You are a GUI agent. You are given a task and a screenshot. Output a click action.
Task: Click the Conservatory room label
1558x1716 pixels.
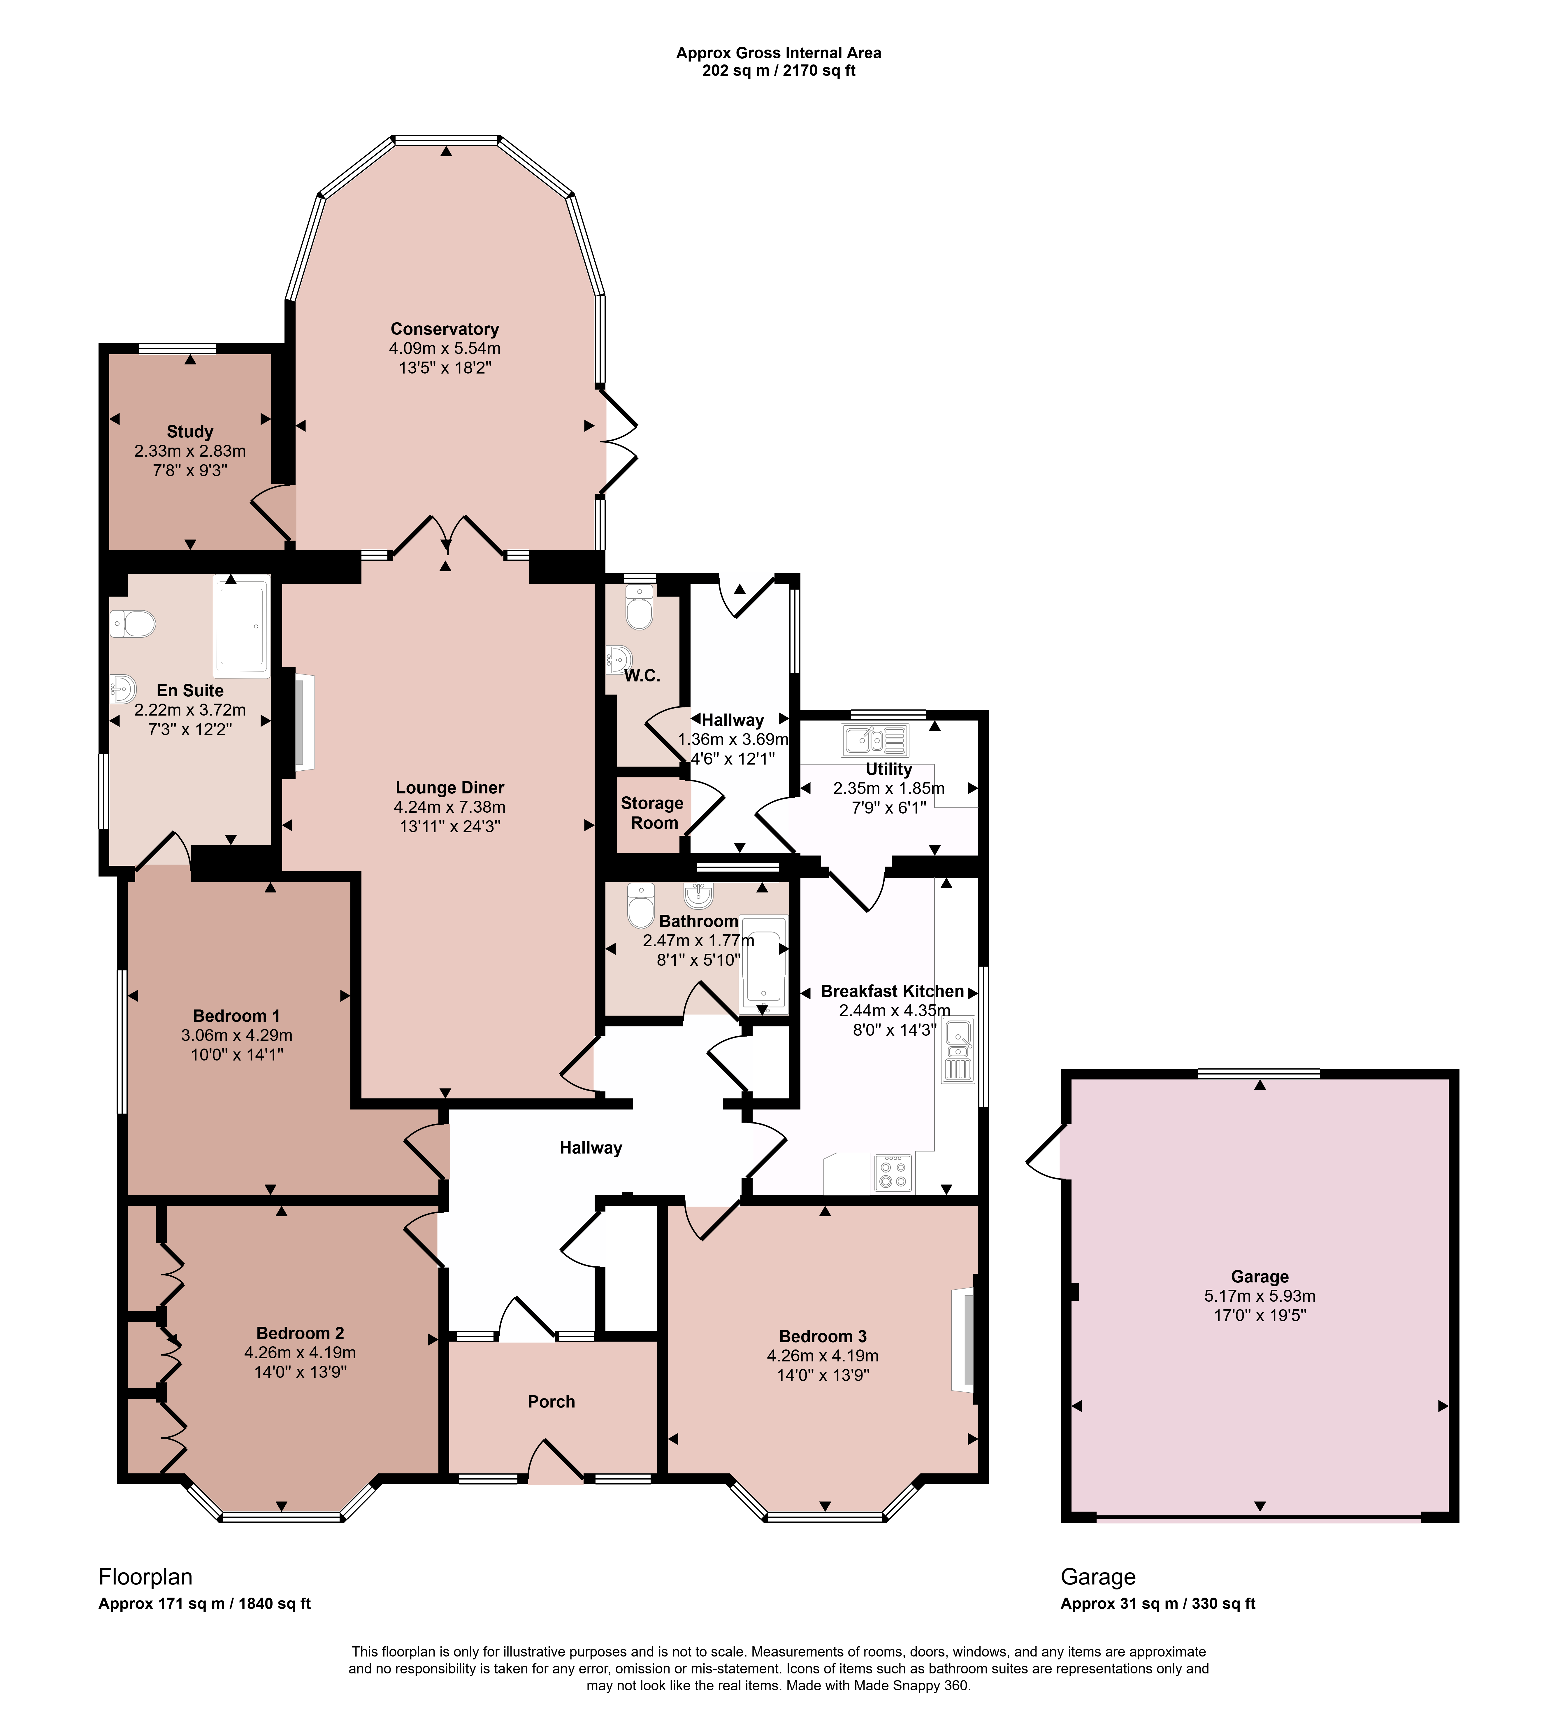444,329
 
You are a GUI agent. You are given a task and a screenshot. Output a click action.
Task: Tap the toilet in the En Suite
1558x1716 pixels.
133,624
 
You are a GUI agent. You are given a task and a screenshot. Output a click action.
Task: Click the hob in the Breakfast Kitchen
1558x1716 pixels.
893,1173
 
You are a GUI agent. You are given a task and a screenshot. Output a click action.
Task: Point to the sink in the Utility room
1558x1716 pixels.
875,740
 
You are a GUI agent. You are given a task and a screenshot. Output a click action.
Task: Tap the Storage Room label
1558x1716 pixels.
653,813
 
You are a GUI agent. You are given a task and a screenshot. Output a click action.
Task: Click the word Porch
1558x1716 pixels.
551,1402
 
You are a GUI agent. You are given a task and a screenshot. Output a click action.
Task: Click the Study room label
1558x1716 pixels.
190,432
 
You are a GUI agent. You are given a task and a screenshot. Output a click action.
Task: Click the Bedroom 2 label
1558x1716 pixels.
300,1333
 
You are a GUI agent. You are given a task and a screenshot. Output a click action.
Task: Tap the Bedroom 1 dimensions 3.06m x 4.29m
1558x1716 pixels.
237,1035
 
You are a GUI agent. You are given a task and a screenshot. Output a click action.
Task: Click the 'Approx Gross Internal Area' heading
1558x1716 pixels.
779,53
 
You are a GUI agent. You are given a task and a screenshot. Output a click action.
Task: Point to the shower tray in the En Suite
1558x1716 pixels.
242,626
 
